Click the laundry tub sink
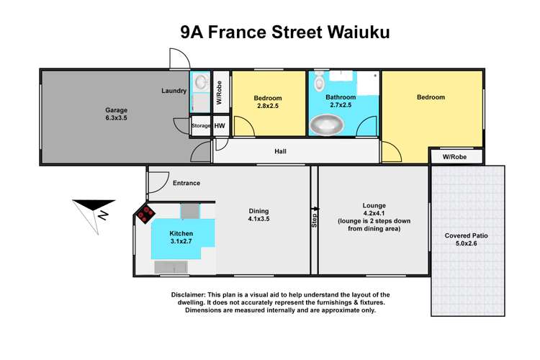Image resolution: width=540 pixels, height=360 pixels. coord(199,81)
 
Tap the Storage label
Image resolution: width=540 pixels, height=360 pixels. coord(200,126)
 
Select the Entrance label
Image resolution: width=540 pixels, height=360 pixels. coord(186,183)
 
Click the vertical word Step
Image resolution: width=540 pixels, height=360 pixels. coord(314,220)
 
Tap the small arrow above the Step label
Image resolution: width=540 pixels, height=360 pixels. coord(315,208)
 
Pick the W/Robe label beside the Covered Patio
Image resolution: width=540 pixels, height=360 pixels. coord(455,156)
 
